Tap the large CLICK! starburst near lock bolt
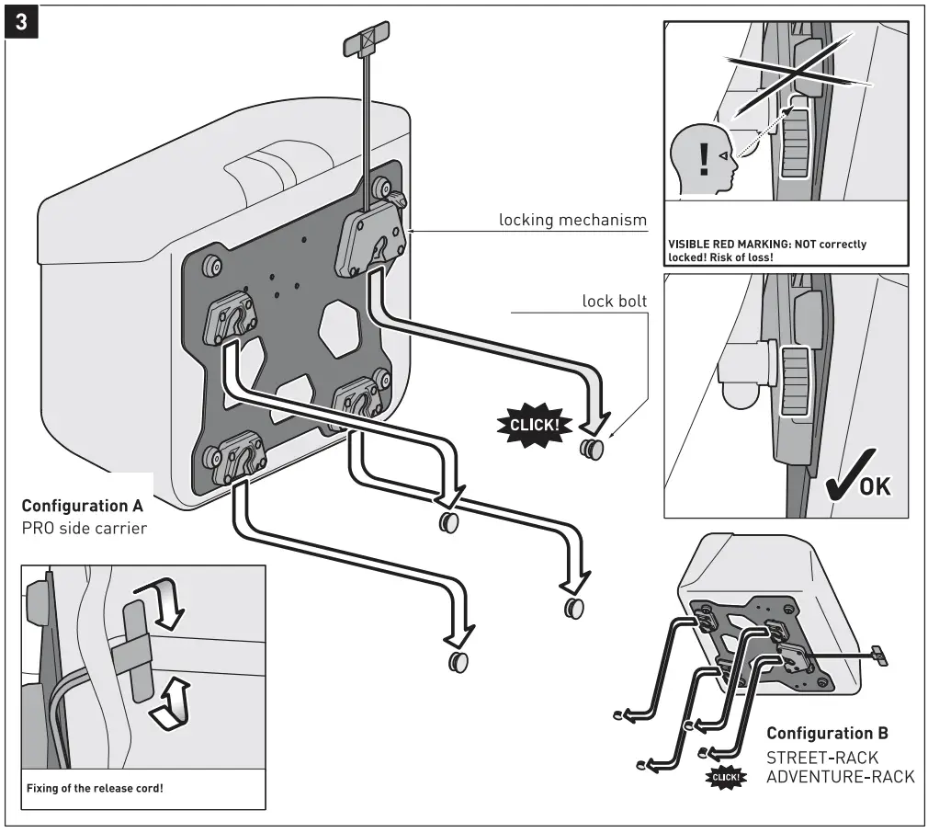[x=534, y=425]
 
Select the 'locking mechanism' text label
[x=572, y=221]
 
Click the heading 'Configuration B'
[x=827, y=733]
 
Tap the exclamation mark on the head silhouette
[x=705, y=159]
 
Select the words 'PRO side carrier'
[x=84, y=530]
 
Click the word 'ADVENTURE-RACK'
[x=840, y=777]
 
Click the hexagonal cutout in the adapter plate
[x=339, y=325]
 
